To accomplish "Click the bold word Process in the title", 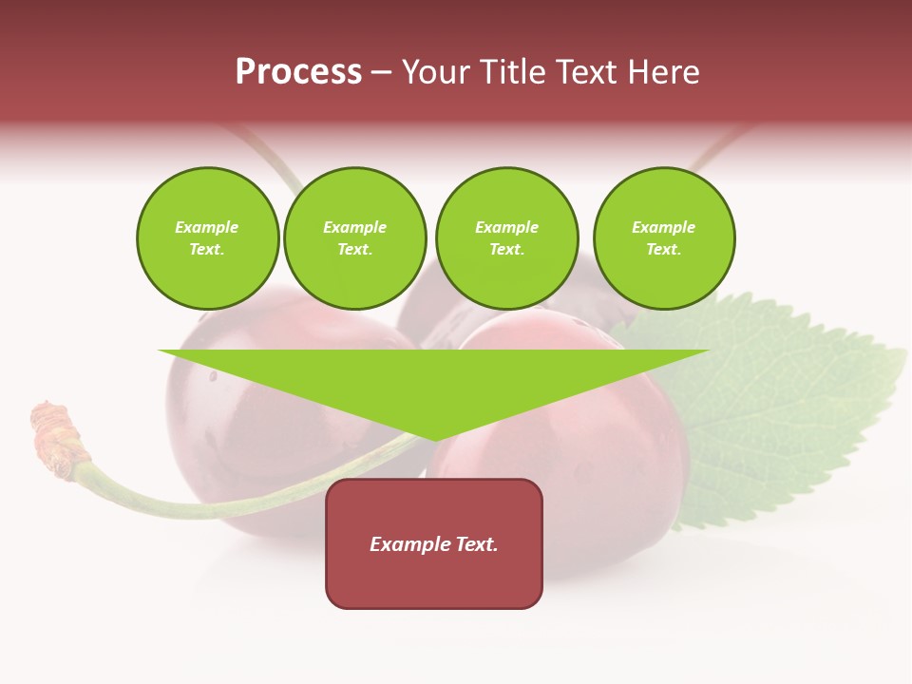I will [x=298, y=72].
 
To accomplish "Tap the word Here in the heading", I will [x=664, y=72].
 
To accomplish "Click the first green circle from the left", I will [x=207, y=238].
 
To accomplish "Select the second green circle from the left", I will [x=355, y=238].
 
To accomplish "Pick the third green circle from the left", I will [x=506, y=238].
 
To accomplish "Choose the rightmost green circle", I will [x=663, y=238].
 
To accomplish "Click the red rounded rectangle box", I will [x=434, y=579].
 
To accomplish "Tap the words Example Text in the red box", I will [x=434, y=544].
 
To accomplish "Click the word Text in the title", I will [x=587, y=72].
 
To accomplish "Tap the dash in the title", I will [x=381, y=73].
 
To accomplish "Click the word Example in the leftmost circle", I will [x=207, y=227].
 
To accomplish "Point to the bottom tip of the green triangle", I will [x=435, y=439].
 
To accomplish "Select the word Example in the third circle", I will [x=506, y=227].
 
